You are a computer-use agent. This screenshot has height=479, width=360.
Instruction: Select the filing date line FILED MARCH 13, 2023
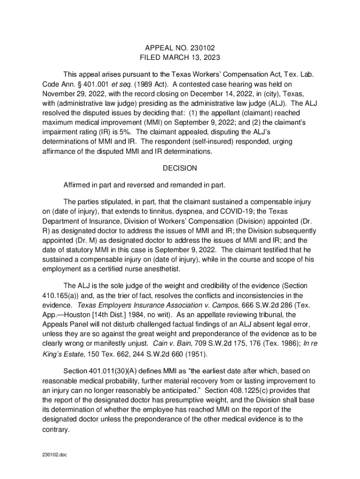click(x=180, y=58)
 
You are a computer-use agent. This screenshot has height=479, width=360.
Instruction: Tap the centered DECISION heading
click(x=180, y=168)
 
